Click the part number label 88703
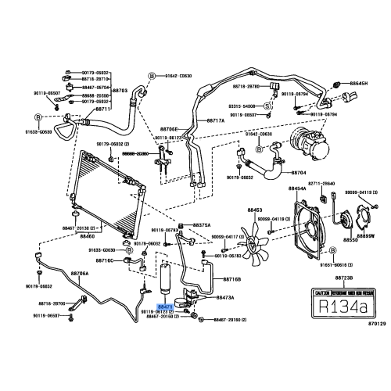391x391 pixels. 120,90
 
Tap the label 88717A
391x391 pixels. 215,121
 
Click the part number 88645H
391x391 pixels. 359,82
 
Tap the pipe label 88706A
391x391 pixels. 80,274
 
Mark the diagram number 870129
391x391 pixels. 377,323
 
